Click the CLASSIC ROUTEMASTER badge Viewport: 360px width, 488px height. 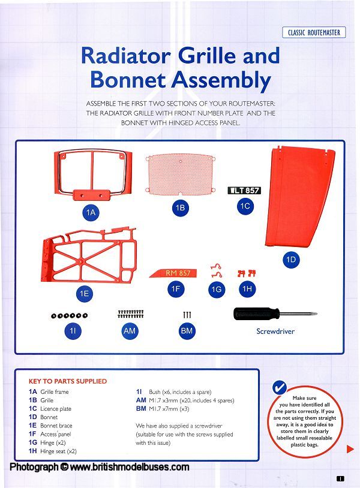pos(314,32)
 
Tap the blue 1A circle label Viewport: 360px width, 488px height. pos(91,212)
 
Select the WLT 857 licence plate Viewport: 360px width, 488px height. pos(244,190)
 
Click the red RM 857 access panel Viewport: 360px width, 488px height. pos(173,273)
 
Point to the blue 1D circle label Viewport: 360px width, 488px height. pos(291,260)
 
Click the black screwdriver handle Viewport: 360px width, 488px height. pos(256,314)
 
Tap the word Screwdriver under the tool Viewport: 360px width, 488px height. pos(275,332)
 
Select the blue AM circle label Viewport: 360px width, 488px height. pos(130,330)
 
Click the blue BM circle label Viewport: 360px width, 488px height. pos(187,330)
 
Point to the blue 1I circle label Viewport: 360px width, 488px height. pos(73,330)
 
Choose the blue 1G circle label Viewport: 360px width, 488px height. pos(217,289)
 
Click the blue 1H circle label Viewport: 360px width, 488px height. pos(247,288)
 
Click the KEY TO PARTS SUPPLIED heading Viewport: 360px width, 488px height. pos(68,381)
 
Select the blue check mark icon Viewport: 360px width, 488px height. pos(280,387)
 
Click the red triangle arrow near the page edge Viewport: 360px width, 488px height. pos(350,449)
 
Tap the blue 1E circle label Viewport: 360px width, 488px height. pos(85,294)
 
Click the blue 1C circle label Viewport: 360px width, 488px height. pos(245,206)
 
